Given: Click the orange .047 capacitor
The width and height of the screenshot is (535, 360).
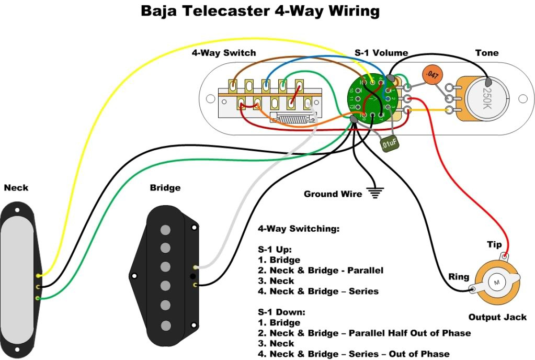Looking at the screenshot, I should pos(431,75).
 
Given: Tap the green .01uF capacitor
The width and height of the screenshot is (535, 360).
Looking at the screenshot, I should pos(388,143).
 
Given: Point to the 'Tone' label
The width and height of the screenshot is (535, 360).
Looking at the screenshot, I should pos(486,53).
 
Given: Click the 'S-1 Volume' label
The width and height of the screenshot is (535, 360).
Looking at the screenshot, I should pos(381,53).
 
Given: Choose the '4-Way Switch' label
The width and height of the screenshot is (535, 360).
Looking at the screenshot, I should pos(232,53).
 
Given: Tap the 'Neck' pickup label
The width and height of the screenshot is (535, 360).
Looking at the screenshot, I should pos(16,187).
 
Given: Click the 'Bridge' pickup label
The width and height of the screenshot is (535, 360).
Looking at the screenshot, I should pos(165,187).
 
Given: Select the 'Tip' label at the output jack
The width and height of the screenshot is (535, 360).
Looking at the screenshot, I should pos(494,245).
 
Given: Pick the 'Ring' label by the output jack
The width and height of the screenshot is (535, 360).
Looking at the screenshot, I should pos(459,277).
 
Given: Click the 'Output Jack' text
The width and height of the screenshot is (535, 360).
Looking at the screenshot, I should pos(497,317).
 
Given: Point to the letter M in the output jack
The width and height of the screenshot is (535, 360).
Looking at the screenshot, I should pos(495,283).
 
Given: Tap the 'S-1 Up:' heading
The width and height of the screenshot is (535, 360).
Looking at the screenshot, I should pos(275,249).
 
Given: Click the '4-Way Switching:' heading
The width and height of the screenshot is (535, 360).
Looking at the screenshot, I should pos(299,229).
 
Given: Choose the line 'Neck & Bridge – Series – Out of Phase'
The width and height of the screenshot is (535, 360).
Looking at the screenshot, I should pos(359,354).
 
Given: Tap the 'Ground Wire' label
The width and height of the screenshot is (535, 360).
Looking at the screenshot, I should pos(333,194).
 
